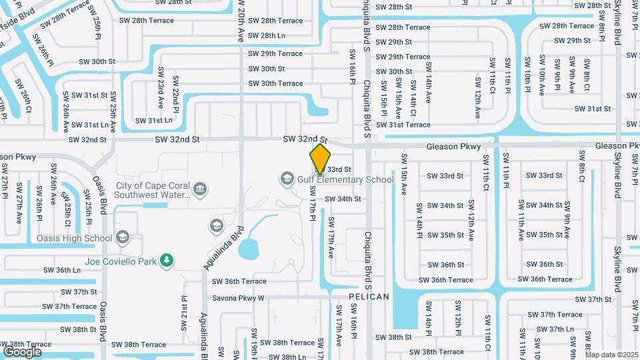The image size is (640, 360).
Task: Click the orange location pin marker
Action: click(321, 158)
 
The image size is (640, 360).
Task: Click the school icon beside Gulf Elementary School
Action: click(287, 179)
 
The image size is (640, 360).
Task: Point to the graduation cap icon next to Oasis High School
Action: click(123, 238)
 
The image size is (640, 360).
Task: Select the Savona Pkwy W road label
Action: click(238, 298)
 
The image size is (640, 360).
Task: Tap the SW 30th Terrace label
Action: click(275, 83)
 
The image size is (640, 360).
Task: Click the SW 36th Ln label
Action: click(62, 270)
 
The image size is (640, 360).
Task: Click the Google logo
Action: click(23, 351)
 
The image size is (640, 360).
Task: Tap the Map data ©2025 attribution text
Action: click(611, 355)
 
